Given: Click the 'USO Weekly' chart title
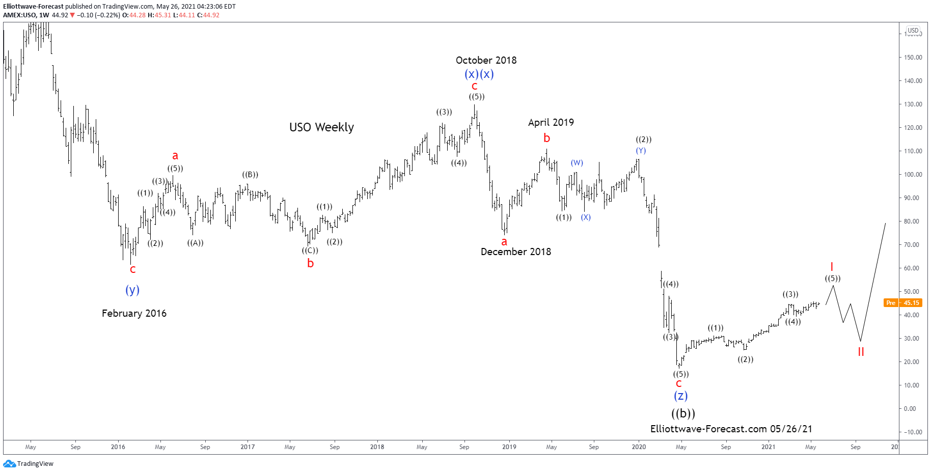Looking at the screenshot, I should [321, 127].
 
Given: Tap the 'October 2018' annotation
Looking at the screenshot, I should [486, 61].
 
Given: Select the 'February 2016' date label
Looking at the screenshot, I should [134, 314].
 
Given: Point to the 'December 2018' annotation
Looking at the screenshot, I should [515, 252].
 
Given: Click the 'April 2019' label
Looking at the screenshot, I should [551, 123].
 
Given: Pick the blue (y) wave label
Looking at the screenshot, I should [132, 290].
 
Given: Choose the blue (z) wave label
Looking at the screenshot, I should [680, 396].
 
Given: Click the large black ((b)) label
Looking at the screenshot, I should [683, 413].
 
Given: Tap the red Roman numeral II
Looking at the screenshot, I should [861, 352].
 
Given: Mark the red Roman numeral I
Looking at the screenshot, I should [832, 267].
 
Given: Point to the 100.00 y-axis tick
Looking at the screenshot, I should [913, 175].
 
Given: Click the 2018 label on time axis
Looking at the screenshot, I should [377, 447].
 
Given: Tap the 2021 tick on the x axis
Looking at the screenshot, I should [768, 447].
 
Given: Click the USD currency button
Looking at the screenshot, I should [913, 31].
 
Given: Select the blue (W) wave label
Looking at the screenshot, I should [577, 163].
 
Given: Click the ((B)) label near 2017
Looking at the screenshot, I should [250, 175].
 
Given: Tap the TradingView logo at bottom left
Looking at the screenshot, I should [29, 464].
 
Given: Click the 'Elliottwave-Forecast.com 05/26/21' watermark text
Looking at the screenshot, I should [731, 429].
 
